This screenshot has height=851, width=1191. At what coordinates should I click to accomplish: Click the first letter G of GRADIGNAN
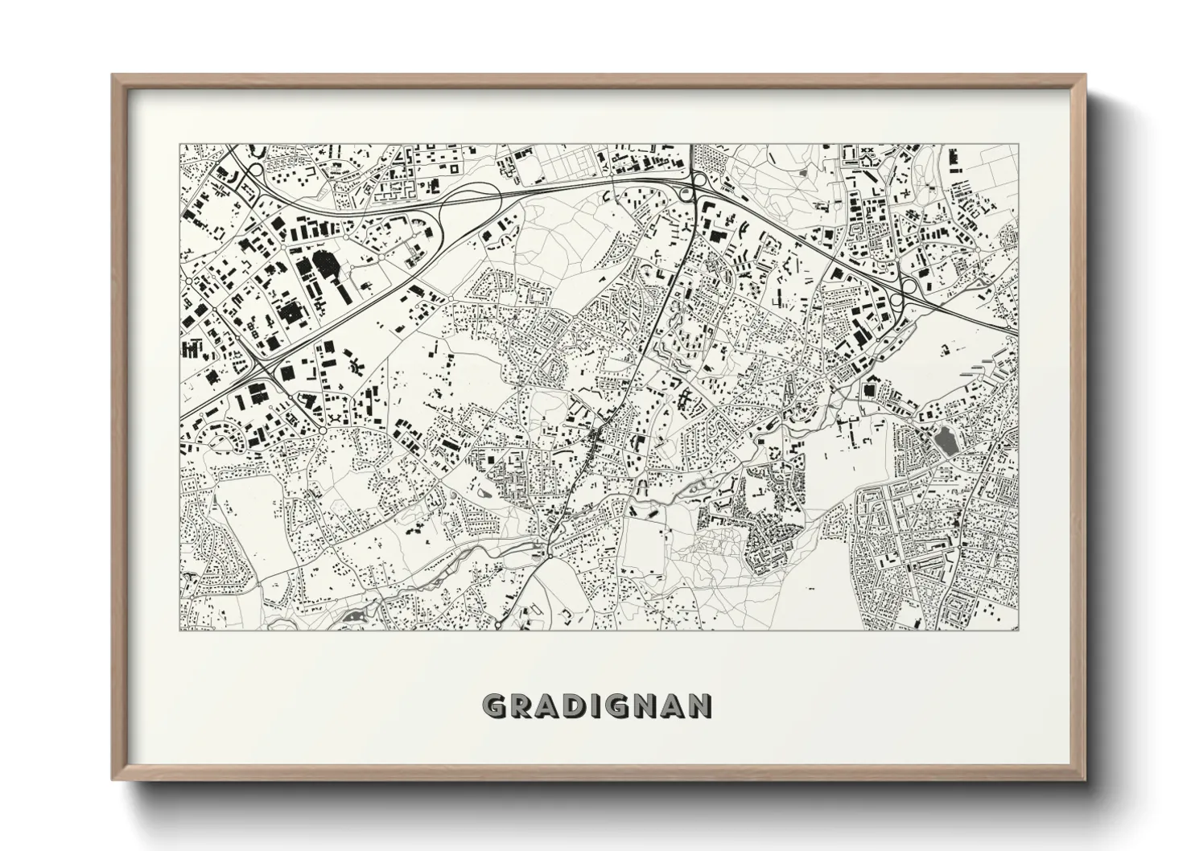494,706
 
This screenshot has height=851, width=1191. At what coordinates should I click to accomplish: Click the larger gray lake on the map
942,442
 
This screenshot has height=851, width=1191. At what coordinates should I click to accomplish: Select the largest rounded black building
326,264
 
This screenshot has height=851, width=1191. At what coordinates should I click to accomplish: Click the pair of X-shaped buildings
867,150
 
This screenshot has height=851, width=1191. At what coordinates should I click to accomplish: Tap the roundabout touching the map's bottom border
498,625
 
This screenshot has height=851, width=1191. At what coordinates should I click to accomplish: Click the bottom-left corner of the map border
179,630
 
